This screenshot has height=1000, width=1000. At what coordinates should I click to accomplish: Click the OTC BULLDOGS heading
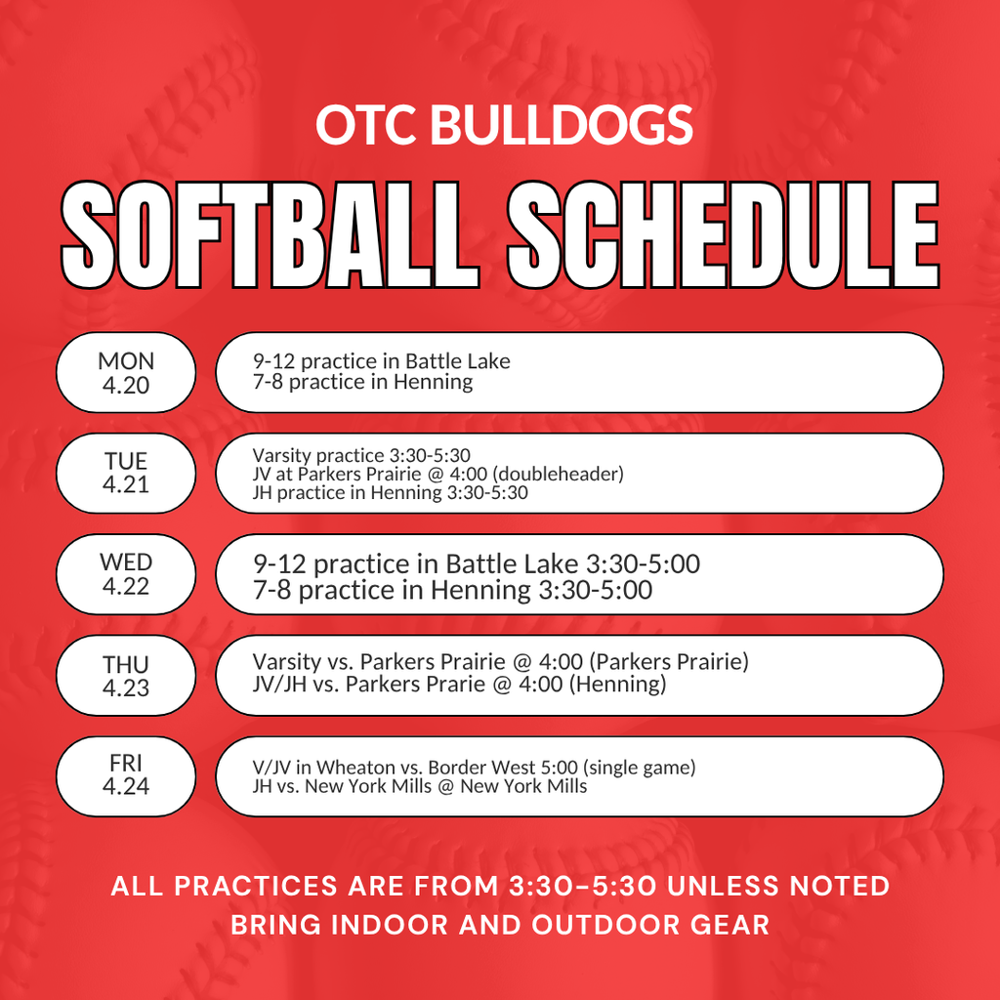pyautogui.click(x=504, y=125)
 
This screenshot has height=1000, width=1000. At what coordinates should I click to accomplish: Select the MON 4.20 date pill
pyautogui.click(x=126, y=373)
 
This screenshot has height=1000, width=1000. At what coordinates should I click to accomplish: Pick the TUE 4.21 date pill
pyautogui.click(x=126, y=474)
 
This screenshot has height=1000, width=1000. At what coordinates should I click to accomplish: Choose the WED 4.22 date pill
pyautogui.click(x=126, y=574)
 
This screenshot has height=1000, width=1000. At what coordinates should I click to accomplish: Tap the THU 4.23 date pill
pyautogui.click(x=126, y=676)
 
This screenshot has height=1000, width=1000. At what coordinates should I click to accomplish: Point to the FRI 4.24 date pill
pyautogui.click(x=126, y=775)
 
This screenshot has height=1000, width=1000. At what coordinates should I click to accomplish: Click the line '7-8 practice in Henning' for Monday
pyautogui.click(x=362, y=383)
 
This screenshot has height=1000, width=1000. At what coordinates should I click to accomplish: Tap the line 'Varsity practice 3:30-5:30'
pyautogui.click(x=361, y=455)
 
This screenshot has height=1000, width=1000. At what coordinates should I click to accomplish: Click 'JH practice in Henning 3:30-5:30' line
pyautogui.click(x=390, y=493)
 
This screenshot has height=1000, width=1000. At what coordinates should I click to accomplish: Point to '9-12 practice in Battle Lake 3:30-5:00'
pyautogui.click(x=476, y=564)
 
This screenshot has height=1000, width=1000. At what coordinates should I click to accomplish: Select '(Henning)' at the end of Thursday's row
pyautogui.click(x=619, y=685)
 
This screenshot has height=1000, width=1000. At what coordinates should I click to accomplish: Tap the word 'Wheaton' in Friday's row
pyautogui.click(x=360, y=768)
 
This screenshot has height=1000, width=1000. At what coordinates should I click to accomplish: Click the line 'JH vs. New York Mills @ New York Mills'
pyautogui.click(x=420, y=786)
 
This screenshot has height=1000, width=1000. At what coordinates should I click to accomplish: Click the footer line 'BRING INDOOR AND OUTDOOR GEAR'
pyautogui.click(x=500, y=925)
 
